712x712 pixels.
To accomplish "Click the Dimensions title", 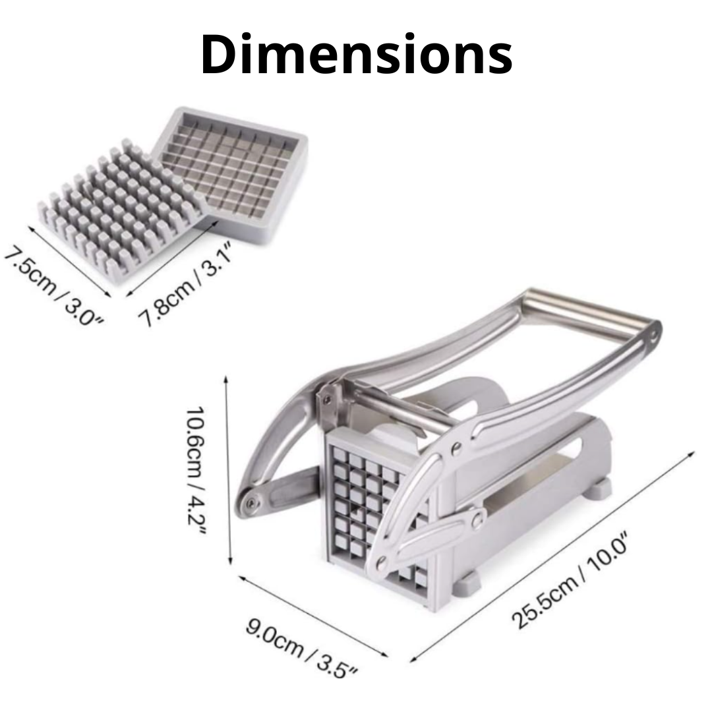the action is (x=357, y=54).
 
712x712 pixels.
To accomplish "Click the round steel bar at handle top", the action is (x=590, y=309).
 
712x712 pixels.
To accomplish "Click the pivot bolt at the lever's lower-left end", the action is (x=251, y=502).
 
